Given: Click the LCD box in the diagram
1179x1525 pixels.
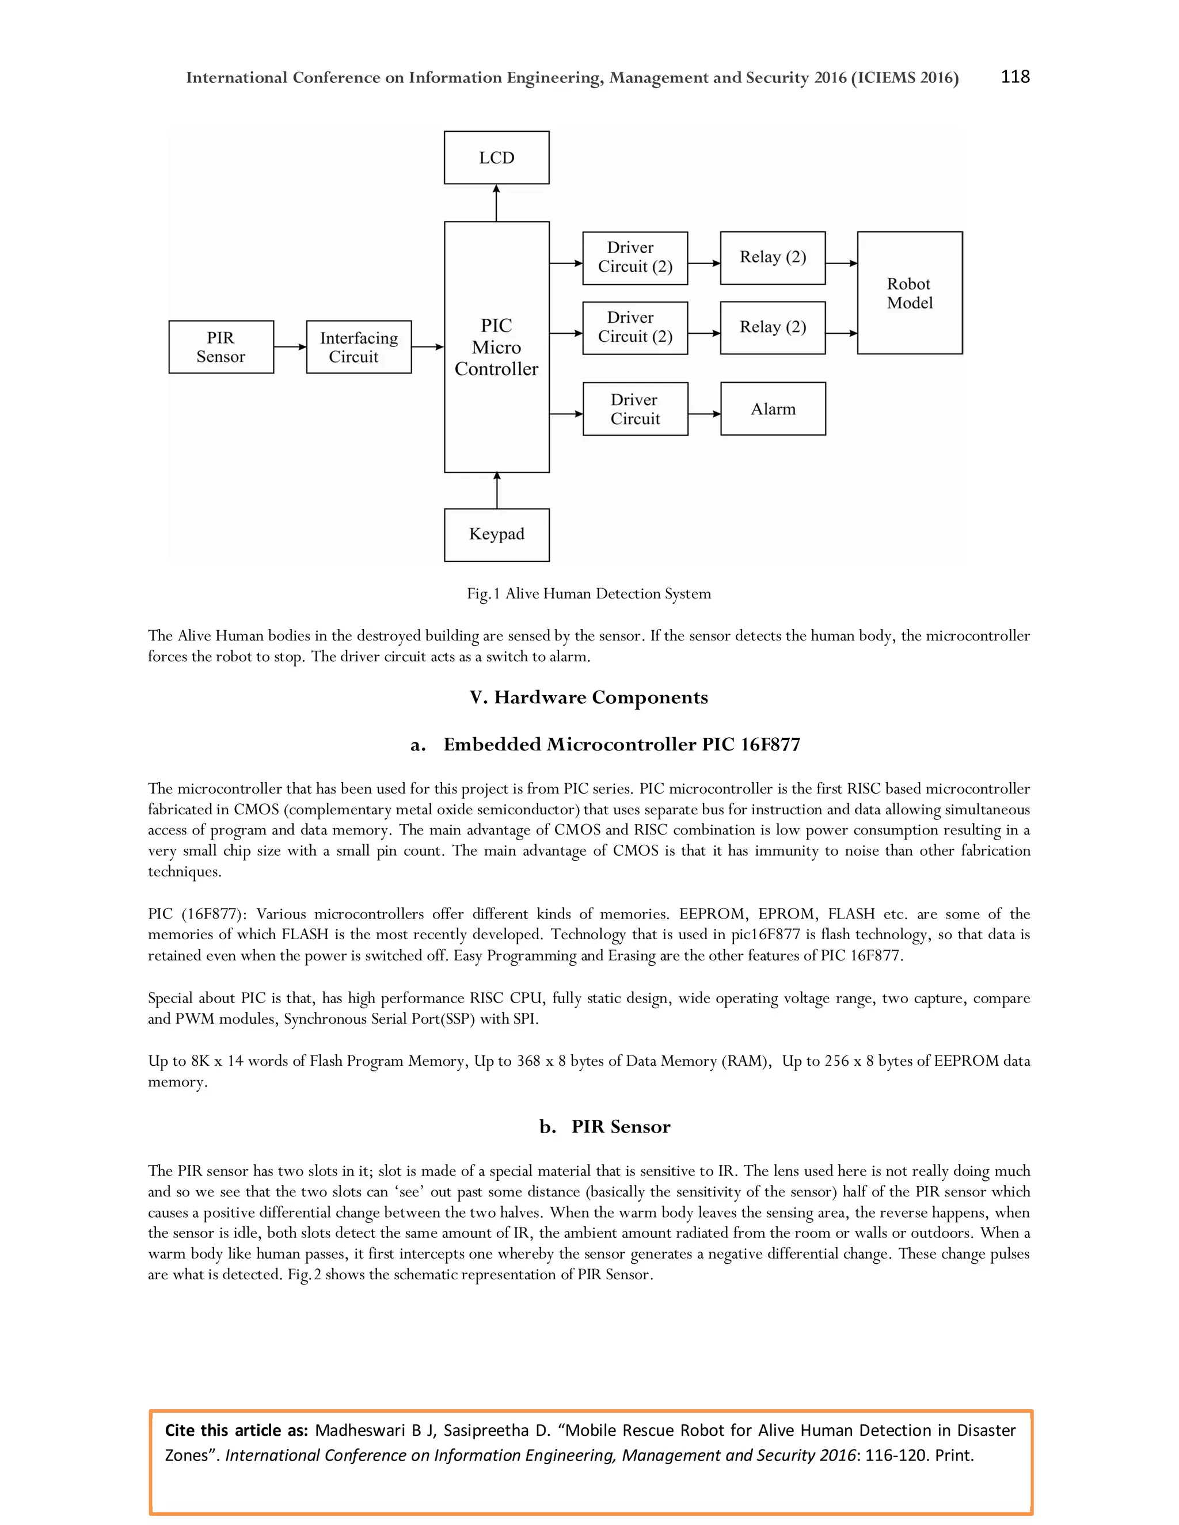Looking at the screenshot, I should tap(497, 158).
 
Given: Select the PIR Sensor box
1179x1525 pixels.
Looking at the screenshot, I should tap(220, 347).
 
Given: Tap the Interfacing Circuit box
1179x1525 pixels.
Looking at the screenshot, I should tap(358, 347).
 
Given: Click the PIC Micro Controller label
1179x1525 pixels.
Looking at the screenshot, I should tap(497, 347).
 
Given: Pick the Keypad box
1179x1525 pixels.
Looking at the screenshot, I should tap(497, 534).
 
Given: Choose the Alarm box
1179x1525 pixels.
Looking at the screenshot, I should tap(773, 409).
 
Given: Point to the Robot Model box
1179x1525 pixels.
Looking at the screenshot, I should tap(910, 293).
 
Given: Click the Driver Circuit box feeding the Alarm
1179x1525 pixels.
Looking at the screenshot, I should tap(635, 409).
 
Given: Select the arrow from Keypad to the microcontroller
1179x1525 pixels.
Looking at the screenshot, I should tap(497, 490).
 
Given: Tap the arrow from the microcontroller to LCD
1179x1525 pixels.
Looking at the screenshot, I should tap(497, 203).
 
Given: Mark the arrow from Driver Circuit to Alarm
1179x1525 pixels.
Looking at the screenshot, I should tap(704, 414).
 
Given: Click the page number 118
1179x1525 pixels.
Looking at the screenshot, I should tap(1015, 77).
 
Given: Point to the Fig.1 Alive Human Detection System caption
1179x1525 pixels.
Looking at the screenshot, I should tap(589, 593).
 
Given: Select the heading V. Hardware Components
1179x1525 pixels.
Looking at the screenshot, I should tap(589, 697).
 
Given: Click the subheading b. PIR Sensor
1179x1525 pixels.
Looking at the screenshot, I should tap(605, 1126).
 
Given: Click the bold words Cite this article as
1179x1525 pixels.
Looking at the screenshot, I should tap(236, 1430).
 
